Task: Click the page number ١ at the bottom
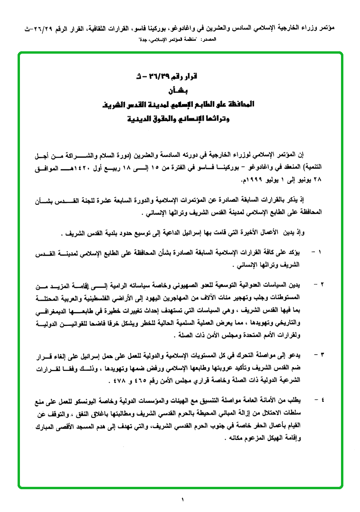click(x=182, y=499)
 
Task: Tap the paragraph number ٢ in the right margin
click(x=323, y=284)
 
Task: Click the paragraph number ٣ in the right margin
click(x=323, y=354)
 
